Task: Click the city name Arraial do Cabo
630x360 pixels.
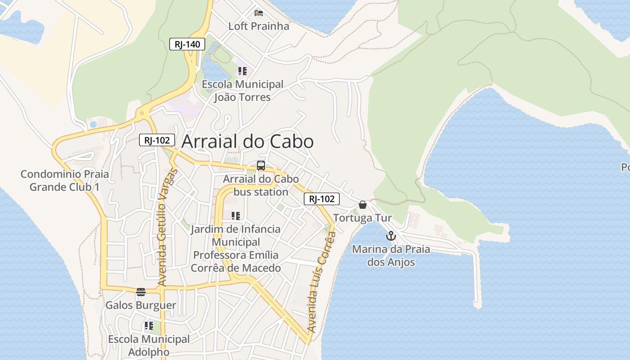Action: [247, 142]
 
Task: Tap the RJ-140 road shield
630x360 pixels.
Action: [187, 44]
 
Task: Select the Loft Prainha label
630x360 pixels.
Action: [259, 26]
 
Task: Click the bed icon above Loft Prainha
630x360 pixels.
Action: [259, 12]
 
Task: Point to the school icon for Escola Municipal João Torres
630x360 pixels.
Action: [243, 71]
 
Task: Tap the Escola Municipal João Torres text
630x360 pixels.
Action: [243, 90]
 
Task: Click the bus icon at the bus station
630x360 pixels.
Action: [261, 166]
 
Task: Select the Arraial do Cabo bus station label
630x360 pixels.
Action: [261, 185]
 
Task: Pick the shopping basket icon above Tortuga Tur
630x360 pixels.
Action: [363, 205]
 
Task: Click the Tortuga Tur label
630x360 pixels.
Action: [363, 218]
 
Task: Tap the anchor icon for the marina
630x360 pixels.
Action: [391, 236]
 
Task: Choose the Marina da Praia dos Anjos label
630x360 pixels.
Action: [391, 256]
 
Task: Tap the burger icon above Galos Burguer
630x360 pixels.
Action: [141, 292]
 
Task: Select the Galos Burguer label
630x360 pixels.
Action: [141, 306]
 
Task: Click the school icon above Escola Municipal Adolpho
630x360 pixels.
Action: [149, 325]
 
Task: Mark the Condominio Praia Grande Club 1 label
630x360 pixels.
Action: [65, 180]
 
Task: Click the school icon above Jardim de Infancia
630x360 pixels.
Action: [236, 216]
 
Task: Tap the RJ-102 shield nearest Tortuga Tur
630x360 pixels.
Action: [322, 199]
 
